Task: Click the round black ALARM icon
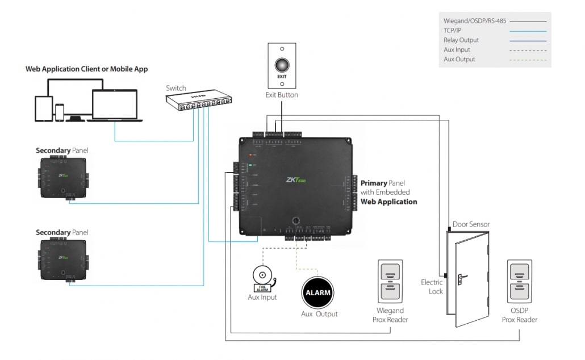point(317,292)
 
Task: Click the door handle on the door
point(463,278)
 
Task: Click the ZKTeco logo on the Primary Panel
point(296,181)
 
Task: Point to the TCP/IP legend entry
point(452,31)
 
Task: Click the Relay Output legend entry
point(461,40)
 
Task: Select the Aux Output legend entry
point(459,59)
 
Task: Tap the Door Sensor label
point(471,224)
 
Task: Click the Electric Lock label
point(432,286)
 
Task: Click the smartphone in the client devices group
point(60,111)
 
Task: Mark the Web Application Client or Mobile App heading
point(86,69)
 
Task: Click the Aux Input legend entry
point(457,50)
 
